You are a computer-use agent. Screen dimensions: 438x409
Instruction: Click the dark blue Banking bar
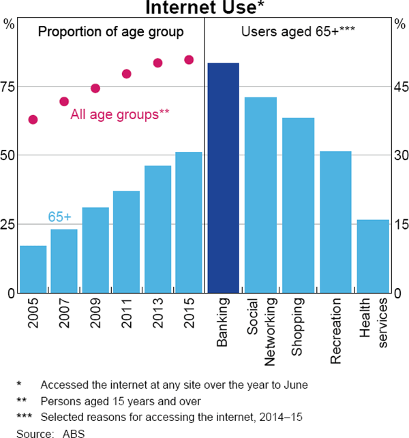coord(223,178)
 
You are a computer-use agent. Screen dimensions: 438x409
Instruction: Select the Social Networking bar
coord(260,195)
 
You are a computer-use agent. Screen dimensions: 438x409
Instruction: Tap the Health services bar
coord(373,256)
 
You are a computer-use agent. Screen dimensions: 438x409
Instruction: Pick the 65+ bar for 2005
coord(33,269)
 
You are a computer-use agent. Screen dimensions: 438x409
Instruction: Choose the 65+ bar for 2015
coord(189,222)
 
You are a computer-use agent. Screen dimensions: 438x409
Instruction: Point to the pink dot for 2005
coord(33,120)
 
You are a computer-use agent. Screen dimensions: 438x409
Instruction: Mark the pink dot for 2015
coord(189,60)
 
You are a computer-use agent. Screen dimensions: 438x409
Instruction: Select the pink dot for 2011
coord(126,74)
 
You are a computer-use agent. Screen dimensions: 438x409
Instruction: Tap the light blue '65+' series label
coord(59,217)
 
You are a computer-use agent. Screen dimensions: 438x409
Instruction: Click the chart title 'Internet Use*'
coord(204,9)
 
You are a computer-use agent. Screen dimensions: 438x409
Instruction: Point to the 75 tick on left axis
coord(9,87)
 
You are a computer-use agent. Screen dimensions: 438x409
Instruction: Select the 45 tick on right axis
coord(400,87)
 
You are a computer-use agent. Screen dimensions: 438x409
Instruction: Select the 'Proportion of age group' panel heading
coord(110,31)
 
